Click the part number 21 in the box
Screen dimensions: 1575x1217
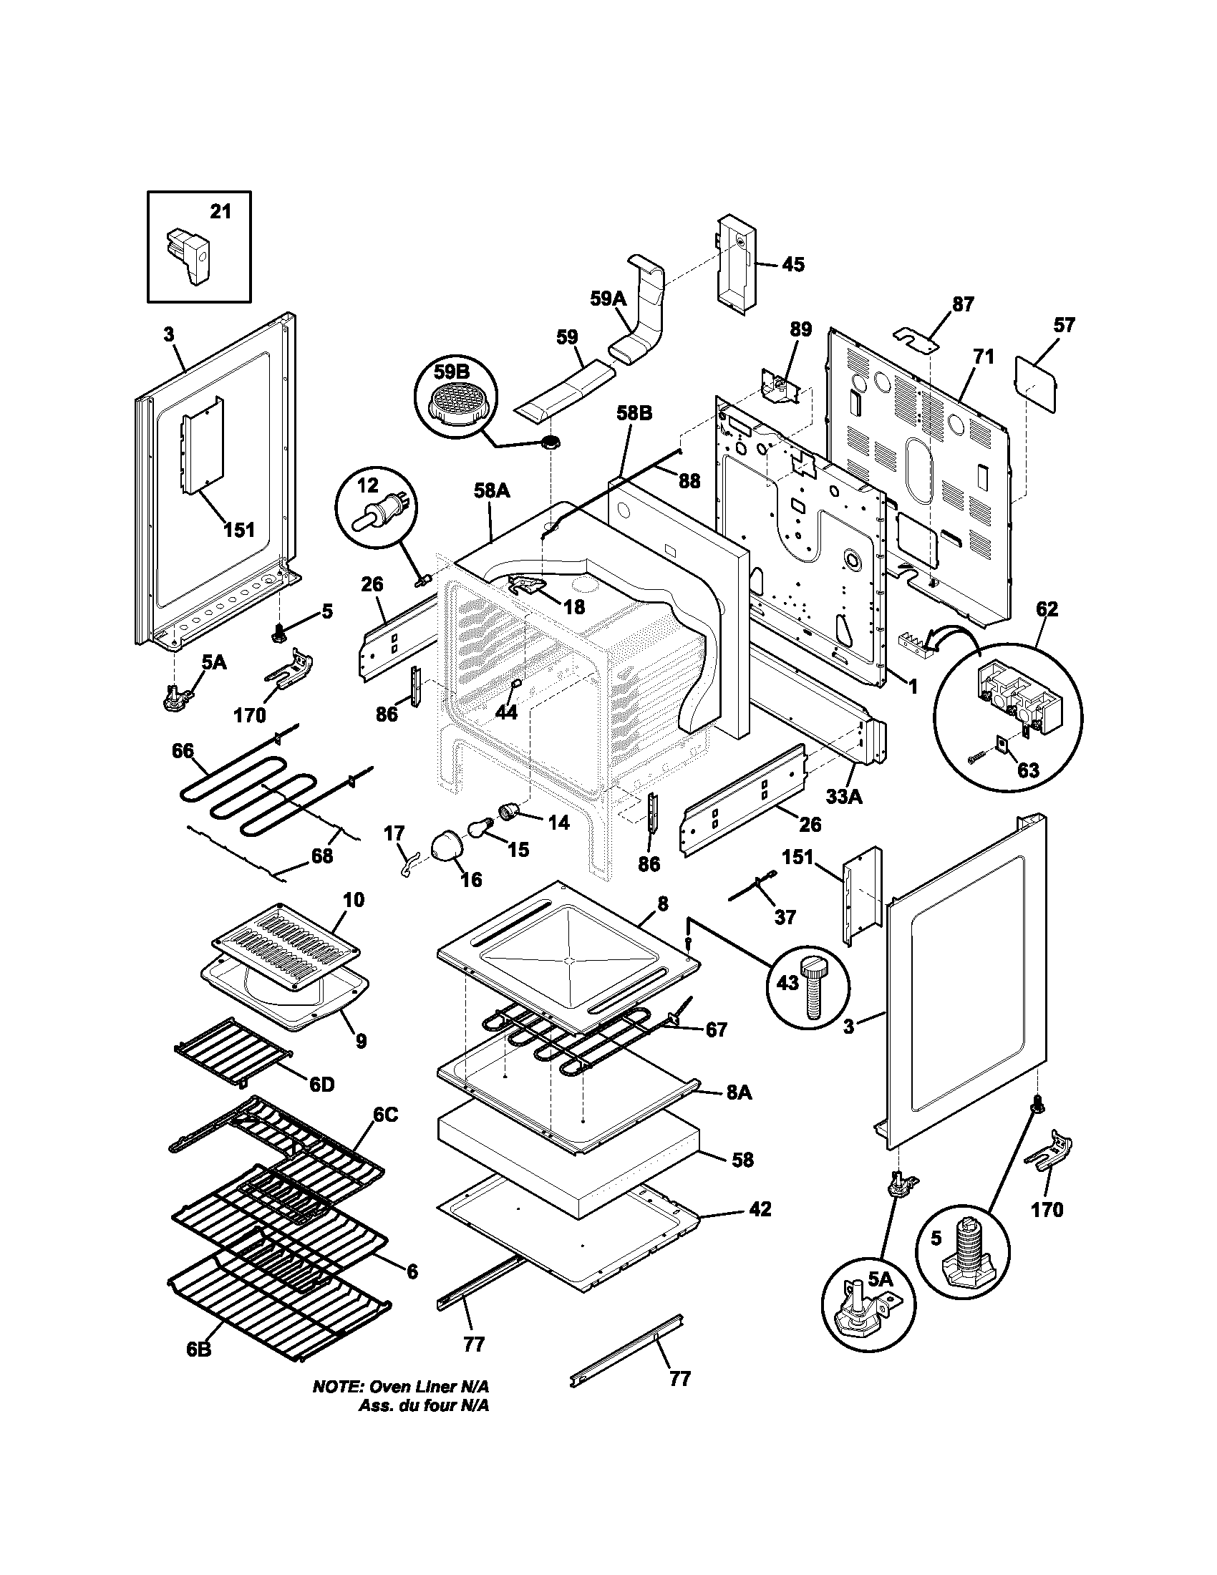220,211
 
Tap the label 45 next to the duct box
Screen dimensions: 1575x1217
792,265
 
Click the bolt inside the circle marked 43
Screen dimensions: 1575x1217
813,984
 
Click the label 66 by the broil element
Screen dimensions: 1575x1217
183,751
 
